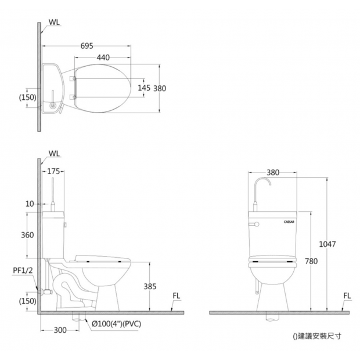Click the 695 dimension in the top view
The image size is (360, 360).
pos(87,46)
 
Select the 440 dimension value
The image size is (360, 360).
pos(103,57)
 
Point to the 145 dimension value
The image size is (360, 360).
pos(144,88)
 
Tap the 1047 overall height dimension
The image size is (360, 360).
pos(327,244)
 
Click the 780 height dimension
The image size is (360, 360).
pos(311,261)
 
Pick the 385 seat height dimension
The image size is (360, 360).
pos(150,286)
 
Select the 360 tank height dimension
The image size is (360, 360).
pos(27,235)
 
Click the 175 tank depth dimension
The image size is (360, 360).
pos(53,171)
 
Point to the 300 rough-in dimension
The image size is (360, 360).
pos(60,330)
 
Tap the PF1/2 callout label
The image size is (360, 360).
pos(23,270)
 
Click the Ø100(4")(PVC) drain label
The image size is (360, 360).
pos(116,324)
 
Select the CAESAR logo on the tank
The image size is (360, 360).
pos(289,222)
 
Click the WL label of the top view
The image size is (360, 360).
pos(54,22)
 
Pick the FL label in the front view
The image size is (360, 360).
pos(347,296)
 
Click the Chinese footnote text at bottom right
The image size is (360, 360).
pos(317,336)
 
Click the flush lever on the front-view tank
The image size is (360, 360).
pos(254,224)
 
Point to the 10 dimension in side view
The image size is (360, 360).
pos(30,204)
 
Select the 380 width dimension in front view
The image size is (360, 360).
pos(273,172)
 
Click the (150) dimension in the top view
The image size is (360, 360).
pos(27,98)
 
